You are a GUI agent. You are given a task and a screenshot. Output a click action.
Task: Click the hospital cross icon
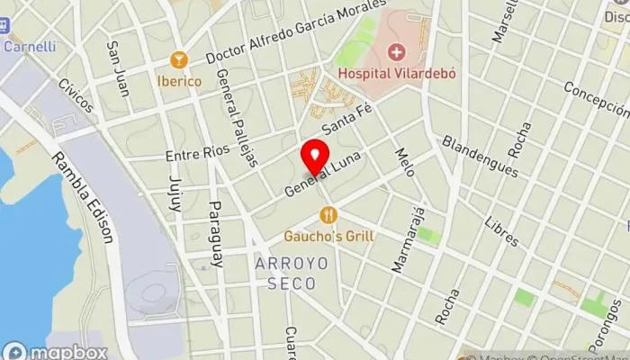(x=397, y=52)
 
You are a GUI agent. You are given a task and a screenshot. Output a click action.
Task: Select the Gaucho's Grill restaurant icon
(x=328, y=214)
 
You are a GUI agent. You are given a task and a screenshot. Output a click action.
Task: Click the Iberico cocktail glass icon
(x=178, y=60)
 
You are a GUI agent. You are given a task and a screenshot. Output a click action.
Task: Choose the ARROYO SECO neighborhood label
(x=285, y=274)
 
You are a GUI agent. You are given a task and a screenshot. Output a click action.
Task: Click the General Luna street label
(x=316, y=176)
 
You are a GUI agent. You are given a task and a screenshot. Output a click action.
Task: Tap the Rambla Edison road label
(x=94, y=197)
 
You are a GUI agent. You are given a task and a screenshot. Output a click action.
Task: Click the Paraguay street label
(x=216, y=234)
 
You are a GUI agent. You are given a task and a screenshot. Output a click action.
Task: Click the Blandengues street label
(x=481, y=156)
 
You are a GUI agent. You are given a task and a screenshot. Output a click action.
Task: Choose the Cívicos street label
(x=76, y=95)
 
